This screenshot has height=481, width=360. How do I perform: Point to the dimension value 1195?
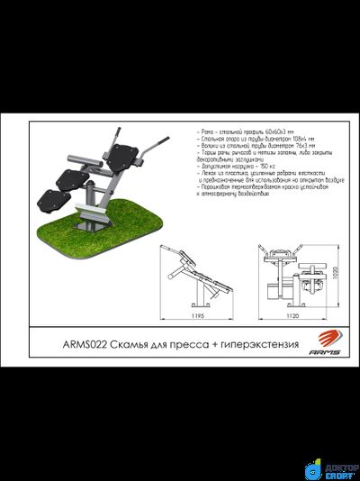(199, 317)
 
